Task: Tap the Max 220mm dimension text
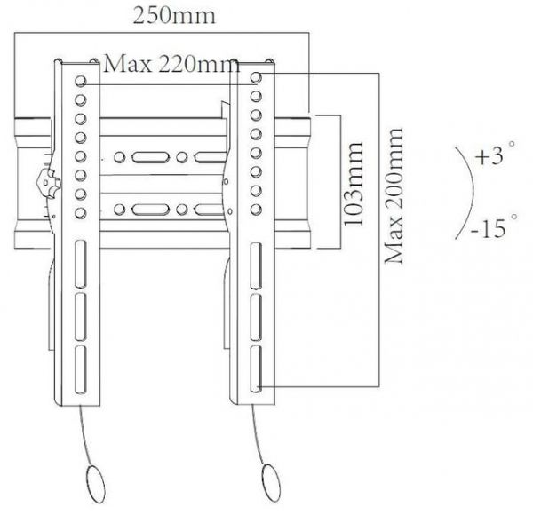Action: click(x=171, y=64)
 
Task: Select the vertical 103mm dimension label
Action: click(x=356, y=183)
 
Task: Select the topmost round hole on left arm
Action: click(x=80, y=80)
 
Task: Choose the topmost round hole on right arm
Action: click(x=256, y=78)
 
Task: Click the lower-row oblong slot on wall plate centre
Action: click(x=143, y=211)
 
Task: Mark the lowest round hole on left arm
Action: click(x=80, y=210)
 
